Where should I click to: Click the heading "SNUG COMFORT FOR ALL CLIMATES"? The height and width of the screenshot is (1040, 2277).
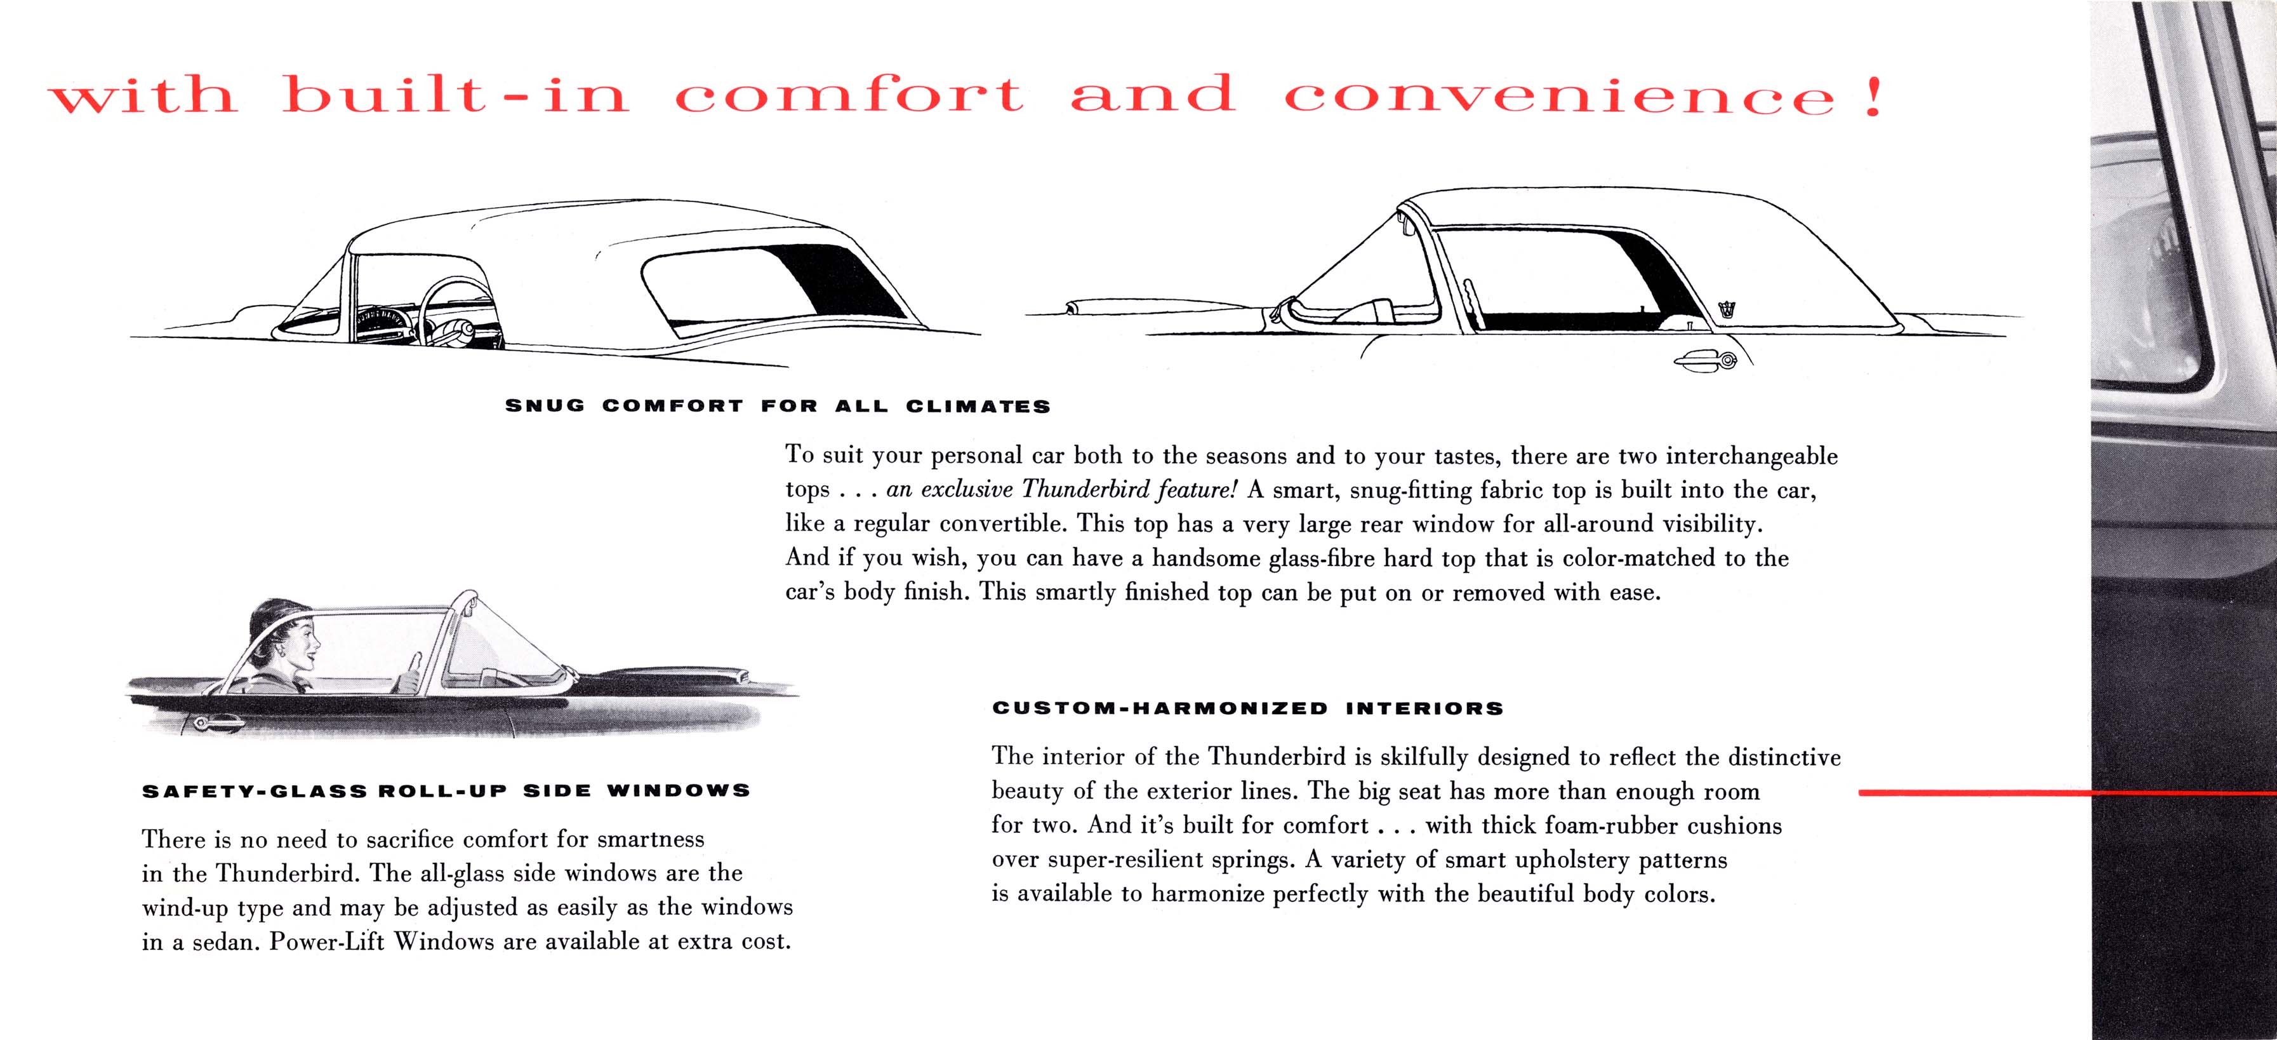pos(777,407)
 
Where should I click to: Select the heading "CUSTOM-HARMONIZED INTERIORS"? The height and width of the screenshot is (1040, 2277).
pos(1247,708)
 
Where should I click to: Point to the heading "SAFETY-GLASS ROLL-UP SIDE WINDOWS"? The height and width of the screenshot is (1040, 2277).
pos(446,790)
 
